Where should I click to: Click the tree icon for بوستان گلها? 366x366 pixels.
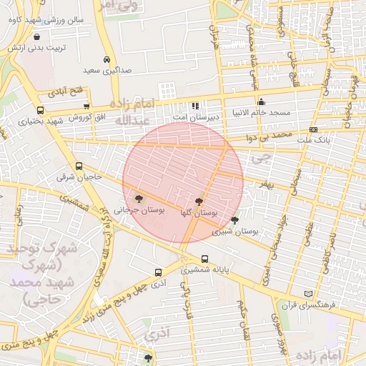[x=199, y=202]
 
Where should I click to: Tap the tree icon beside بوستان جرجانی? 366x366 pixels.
[x=138, y=198]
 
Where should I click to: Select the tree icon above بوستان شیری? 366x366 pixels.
[x=234, y=221]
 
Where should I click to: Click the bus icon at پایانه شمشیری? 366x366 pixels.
[x=205, y=259]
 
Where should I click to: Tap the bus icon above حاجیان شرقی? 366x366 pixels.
[x=79, y=166]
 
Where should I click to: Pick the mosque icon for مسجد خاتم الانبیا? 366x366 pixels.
[x=261, y=102]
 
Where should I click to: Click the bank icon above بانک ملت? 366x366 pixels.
[x=313, y=129]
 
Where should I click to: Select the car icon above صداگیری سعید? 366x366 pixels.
[x=106, y=59]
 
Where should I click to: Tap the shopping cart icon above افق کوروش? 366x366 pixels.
[x=86, y=106]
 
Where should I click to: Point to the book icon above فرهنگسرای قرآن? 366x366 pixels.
[x=309, y=294]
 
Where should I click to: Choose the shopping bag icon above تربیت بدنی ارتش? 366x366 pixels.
[x=36, y=36]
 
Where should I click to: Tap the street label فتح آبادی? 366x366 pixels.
[x=66, y=91]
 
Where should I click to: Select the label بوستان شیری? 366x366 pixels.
[x=239, y=232]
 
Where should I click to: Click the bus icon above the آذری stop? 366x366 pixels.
[x=158, y=272]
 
